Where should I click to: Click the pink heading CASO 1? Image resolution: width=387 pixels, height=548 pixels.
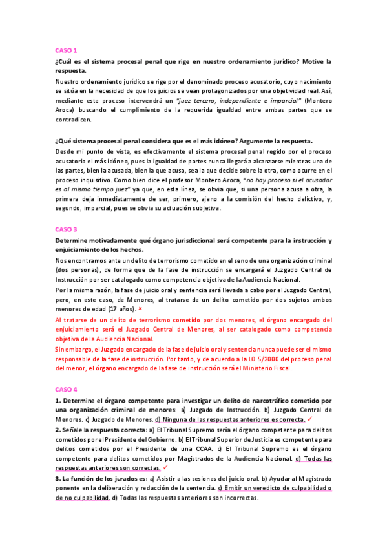[66, 50]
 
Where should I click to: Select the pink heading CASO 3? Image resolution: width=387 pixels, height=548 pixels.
[66, 229]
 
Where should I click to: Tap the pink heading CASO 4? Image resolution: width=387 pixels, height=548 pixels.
[66, 390]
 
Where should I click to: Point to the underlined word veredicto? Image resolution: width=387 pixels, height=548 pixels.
[258, 488]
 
